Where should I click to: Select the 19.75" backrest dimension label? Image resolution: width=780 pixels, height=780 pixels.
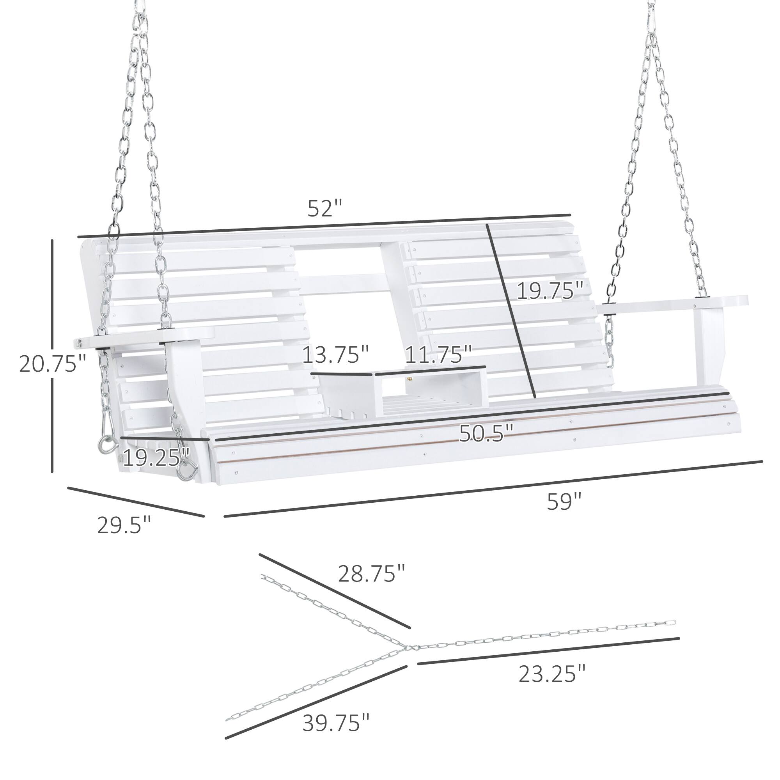550,291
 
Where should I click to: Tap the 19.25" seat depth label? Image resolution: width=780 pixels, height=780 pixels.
156,457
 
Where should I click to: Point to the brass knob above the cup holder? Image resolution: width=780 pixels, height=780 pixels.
410,379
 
